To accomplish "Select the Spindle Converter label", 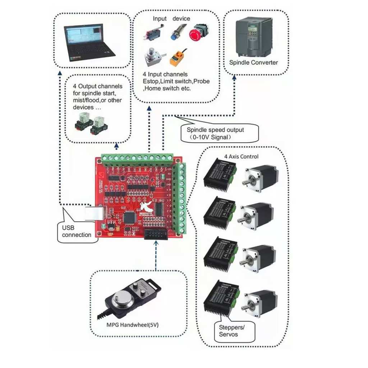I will tap(253, 63).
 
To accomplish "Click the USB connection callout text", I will tap(77, 231).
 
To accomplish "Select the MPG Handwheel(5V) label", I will tap(133, 325).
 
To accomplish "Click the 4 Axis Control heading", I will tap(241, 157).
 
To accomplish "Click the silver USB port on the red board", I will tap(94, 213).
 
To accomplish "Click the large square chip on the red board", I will tap(129, 216).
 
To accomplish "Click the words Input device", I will tap(171, 19).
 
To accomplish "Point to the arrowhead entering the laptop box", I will tap(59, 73).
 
